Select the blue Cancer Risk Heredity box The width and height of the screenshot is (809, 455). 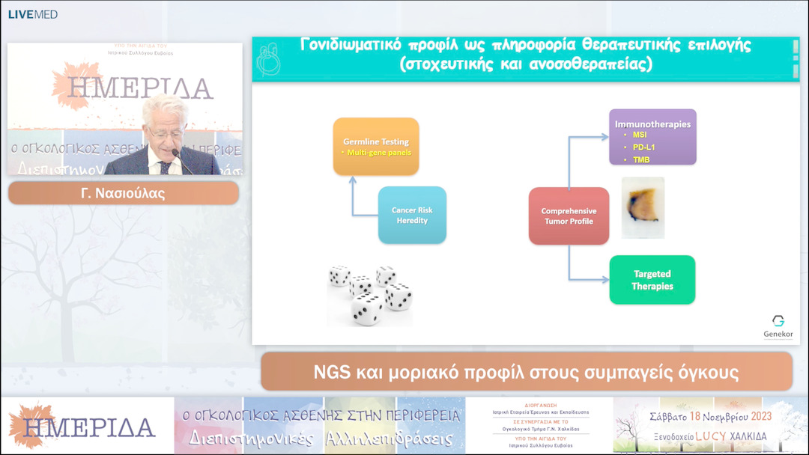(x=412, y=216)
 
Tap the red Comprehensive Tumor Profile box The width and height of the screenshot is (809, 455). (x=569, y=216)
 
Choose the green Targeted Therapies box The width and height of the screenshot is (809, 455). (x=652, y=280)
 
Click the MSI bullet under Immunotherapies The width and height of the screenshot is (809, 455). (x=640, y=135)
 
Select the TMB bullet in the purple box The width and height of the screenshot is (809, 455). (x=641, y=159)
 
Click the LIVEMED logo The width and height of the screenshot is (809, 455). (x=32, y=14)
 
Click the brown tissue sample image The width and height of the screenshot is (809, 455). (x=642, y=207)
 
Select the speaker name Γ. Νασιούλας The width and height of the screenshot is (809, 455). (x=123, y=193)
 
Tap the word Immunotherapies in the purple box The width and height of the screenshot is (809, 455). (x=652, y=123)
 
